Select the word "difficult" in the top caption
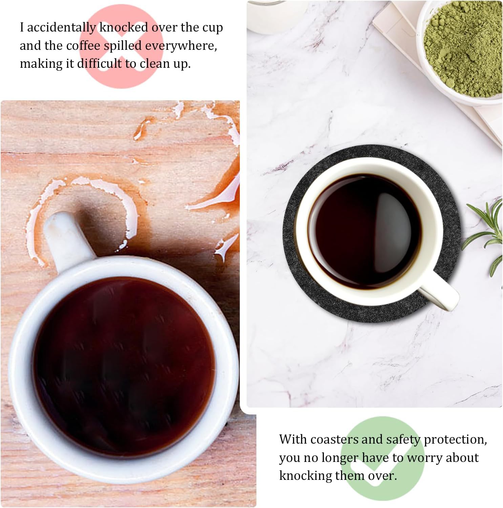click(99, 63)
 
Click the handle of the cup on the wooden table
click(66, 237)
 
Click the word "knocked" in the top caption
click(124, 27)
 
